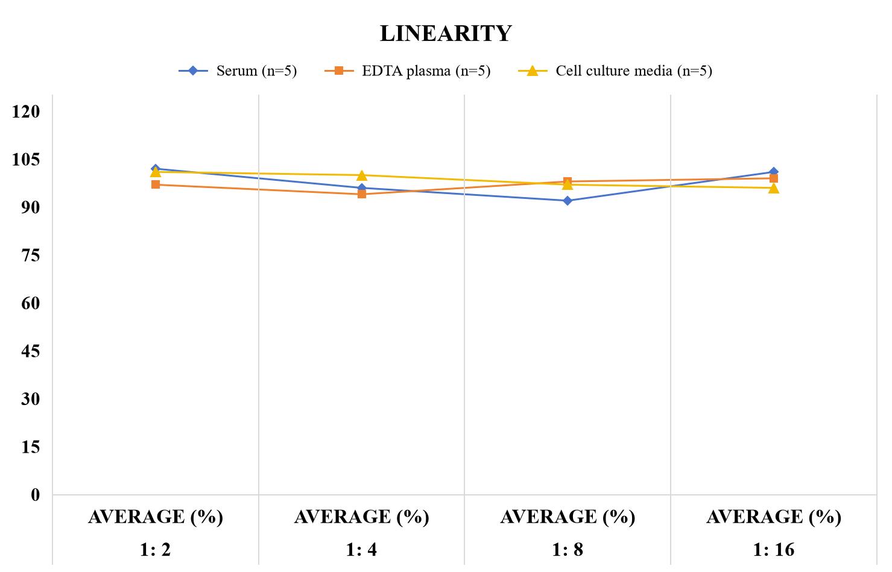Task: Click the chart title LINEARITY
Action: (446, 33)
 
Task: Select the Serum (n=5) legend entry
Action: (238, 71)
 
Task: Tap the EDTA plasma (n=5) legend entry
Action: (407, 71)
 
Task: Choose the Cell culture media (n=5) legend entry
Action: (615, 71)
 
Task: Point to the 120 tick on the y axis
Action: (26, 112)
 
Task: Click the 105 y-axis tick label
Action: (26, 160)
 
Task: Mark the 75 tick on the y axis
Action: (31, 256)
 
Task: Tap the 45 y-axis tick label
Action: (31, 351)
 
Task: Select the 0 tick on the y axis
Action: (36, 495)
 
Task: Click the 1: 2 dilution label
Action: (156, 550)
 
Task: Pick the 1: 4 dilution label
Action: (361, 550)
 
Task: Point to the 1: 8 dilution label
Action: (568, 550)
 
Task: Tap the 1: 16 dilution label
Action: (774, 550)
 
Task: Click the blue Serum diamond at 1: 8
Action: (568, 201)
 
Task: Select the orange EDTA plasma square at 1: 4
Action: (362, 194)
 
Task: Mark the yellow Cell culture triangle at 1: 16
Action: (774, 188)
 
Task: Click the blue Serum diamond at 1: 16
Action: (774, 172)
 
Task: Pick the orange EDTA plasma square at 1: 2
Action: (156, 184)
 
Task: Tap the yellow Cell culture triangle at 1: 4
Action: (362, 175)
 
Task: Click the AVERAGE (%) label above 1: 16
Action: (774, 517)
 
